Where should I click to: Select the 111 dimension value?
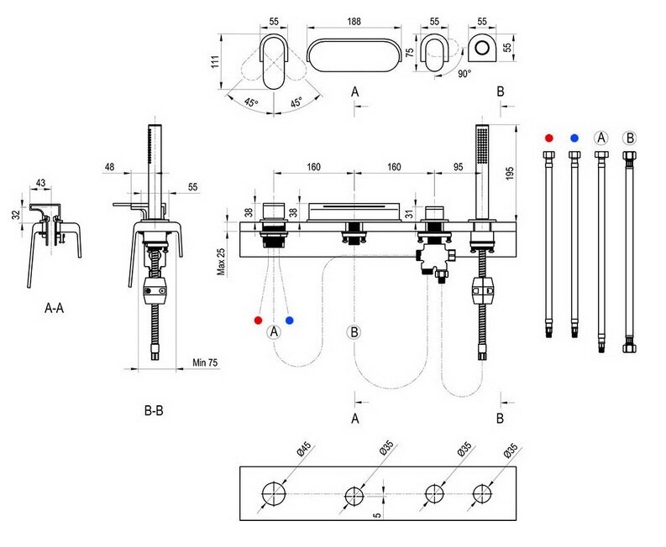(x=215, y=60)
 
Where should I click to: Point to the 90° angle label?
(x=464, y=74)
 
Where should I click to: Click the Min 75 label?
(x=205, y=362)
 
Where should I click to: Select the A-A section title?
(x=55, y=308)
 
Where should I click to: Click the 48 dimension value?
(x=110, y=166)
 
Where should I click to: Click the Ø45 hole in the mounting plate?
(x=273, y=493)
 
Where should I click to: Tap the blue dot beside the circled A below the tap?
(x=290, y=320)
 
